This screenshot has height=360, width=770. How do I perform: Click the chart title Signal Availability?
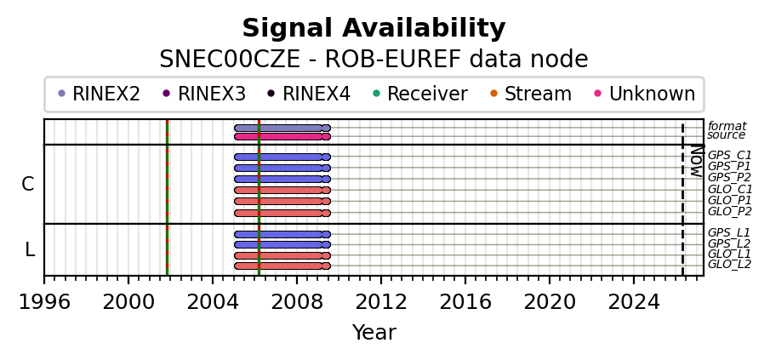[374, 29]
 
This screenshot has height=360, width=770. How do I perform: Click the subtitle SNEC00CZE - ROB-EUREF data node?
[374, 60]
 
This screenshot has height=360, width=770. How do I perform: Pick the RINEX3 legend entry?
[203, 94]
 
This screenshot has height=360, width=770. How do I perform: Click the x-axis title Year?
[374, 333]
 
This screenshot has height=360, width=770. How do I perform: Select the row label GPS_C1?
[729, 156]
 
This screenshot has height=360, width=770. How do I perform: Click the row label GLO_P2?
[729, 212]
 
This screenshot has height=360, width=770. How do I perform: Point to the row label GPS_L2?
[728, 243]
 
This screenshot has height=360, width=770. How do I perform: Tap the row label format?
[727, 126]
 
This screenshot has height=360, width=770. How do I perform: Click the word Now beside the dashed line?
[697, 161]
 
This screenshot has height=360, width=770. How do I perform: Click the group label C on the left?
[28, 184]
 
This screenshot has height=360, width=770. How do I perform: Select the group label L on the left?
[30, 249]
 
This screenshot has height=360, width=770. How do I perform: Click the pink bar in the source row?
[281, 136]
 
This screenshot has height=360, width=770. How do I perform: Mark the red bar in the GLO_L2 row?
[281, 266]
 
